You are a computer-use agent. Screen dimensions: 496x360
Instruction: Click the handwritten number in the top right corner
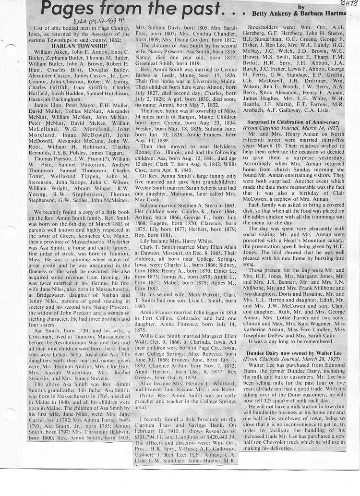point(349,4)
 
